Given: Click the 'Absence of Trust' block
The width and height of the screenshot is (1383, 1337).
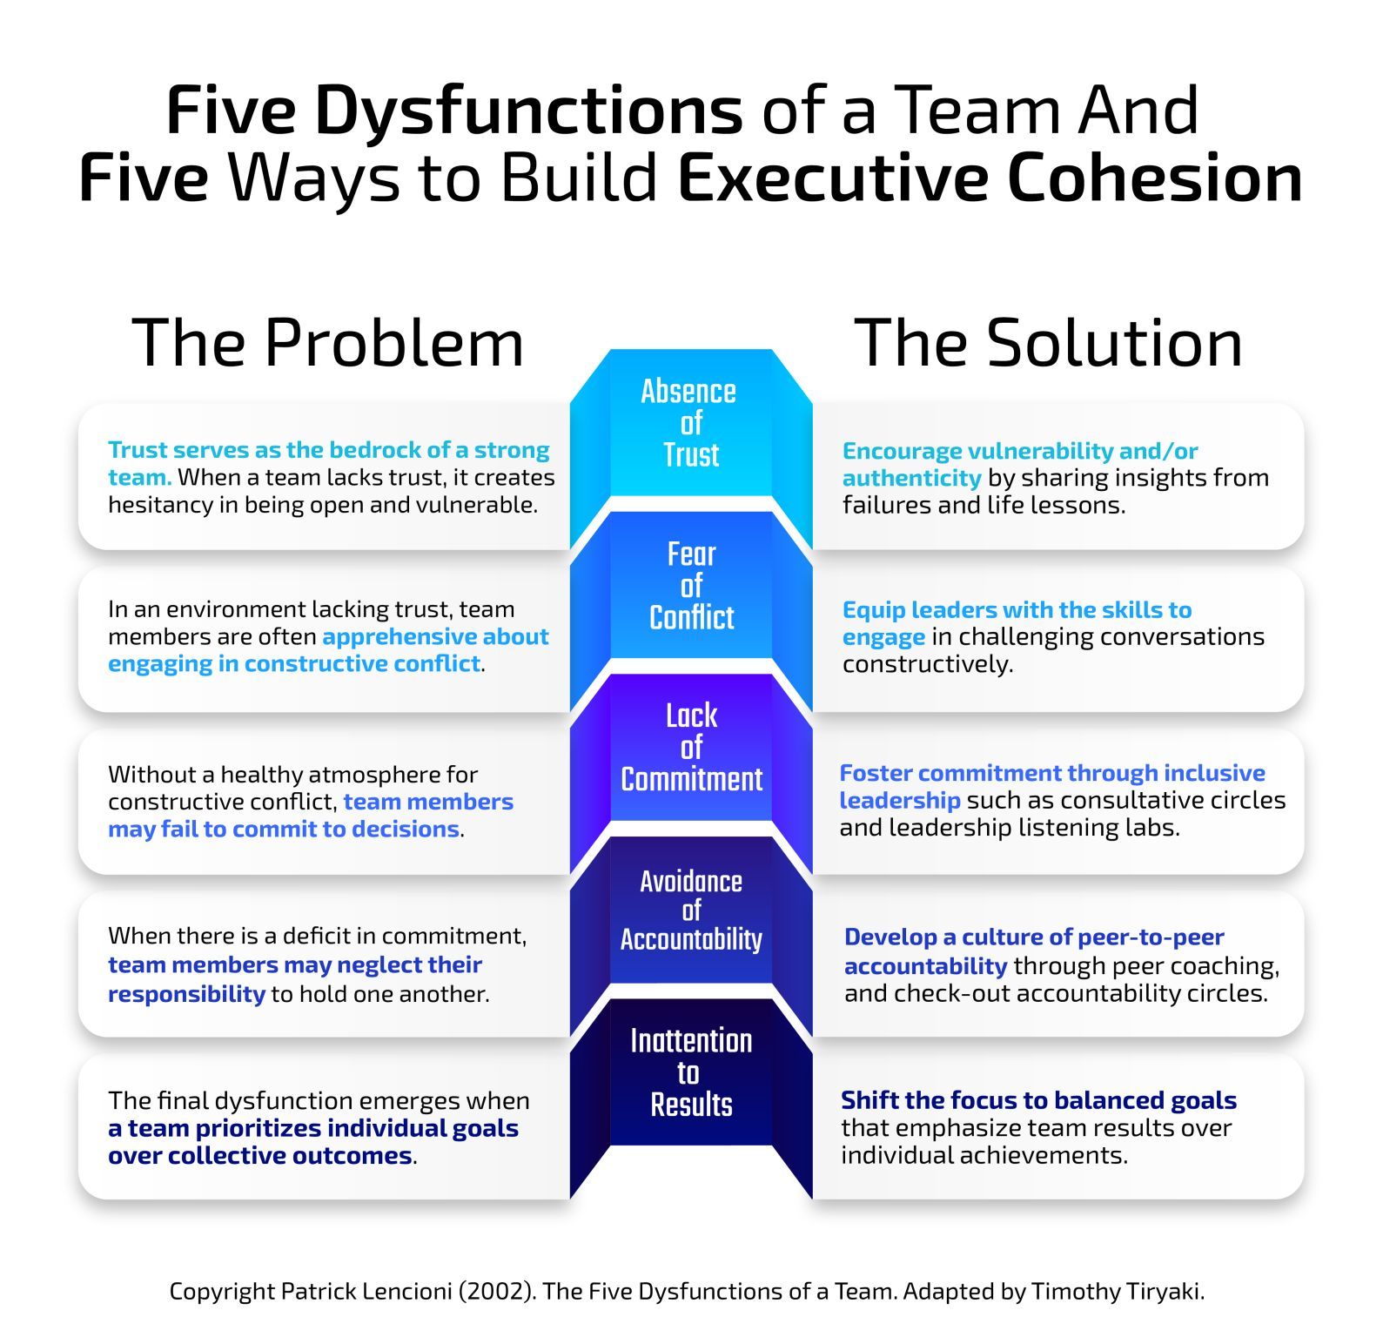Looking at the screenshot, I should tap(690, 423).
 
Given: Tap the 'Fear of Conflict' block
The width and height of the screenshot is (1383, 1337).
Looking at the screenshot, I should tap(691, 586).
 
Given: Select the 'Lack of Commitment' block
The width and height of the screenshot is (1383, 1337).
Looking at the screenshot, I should tap(691, 748).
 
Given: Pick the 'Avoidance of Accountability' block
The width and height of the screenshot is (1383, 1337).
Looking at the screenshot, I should tap(691, 910).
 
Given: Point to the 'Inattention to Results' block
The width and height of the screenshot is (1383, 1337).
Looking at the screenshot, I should tap(691, 1072).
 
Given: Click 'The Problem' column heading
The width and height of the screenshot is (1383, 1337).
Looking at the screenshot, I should tap(328, 343).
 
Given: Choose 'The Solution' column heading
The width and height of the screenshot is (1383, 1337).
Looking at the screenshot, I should tap(1048, 343).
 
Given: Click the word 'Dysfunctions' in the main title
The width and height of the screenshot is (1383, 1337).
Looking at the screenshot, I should tap(528, 111).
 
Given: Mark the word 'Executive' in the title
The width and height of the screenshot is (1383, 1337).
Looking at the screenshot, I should tap(832, 178).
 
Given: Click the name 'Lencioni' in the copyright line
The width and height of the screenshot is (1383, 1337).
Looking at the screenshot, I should tap(399, 1291).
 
